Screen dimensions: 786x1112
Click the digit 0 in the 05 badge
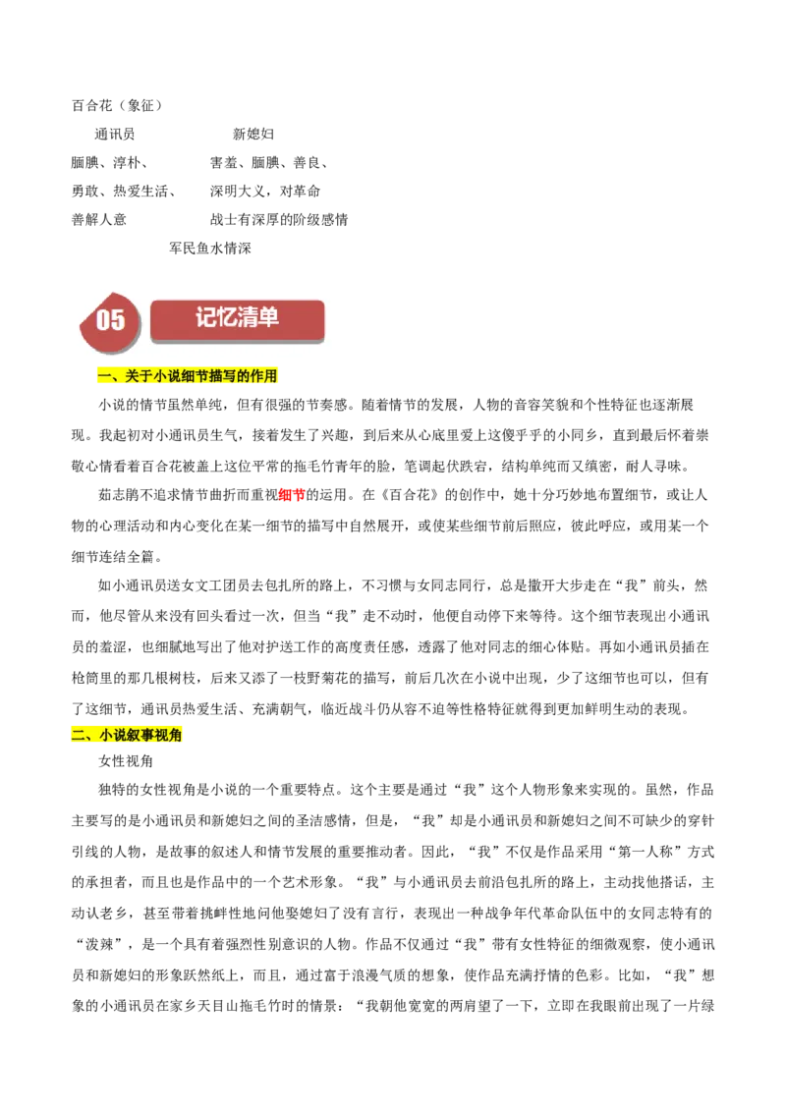coord(103,320)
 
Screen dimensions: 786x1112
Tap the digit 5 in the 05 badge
coord(118,320)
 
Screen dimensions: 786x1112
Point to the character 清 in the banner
coord(248,317)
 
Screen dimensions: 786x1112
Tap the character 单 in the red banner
coord(268,317)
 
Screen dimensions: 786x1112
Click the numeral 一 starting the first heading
coord(103,376)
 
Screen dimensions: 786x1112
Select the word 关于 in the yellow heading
coord(139,376)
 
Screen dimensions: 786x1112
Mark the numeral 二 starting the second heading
coord(79,735)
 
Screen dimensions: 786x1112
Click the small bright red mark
coord(292,496)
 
